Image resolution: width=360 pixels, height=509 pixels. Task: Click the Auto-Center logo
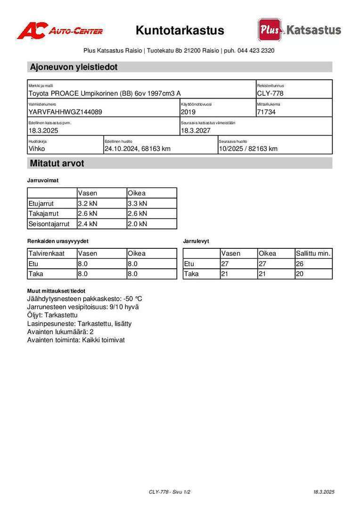pyautogui.click(x=60, y=31)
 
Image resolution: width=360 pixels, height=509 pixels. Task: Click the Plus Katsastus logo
pyautogui.click(x=299, y=30)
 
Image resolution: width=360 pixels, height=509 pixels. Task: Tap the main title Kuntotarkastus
pyautogui.click(x=180, y=31)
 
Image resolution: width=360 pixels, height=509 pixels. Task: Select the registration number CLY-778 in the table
pyautogui.click(x=270, y=93)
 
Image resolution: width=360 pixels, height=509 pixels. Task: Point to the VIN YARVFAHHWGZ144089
pyautogui.click(x=65, y=112)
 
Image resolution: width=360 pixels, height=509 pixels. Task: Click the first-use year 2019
pyautogui.click(x=188, y=112)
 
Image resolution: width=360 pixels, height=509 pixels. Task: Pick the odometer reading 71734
pyautogui.click(x=266, y=112)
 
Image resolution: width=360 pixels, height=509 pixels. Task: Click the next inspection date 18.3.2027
pyautogui.click(x=196, y=131)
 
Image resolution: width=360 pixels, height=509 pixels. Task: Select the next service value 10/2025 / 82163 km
pyautogui.click(x=248, y=149)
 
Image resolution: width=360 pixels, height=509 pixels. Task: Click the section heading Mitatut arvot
pyautogui.click(x=57, y=164)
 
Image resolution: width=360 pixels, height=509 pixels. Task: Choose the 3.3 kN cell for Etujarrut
pyautogui.click(x=138, y=204)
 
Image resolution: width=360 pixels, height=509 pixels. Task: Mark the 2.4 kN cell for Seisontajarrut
pyautogui.click(x=88, y=224)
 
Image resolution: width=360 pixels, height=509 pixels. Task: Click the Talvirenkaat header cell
pyautogui.click(x=47, y=254)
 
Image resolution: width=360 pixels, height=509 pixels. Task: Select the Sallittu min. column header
pyautogui.click(x=313, y=254)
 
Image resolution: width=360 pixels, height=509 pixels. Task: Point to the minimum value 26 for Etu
pyautogui.click(x=300, y=264)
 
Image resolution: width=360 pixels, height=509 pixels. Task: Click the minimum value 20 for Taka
pyautogui.click(x=300, y=274)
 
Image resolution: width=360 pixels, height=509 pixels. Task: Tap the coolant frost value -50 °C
pyautogui.click(x=132, y=299)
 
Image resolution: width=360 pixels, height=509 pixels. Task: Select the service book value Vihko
pyautogui.click(x=37, y=149)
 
